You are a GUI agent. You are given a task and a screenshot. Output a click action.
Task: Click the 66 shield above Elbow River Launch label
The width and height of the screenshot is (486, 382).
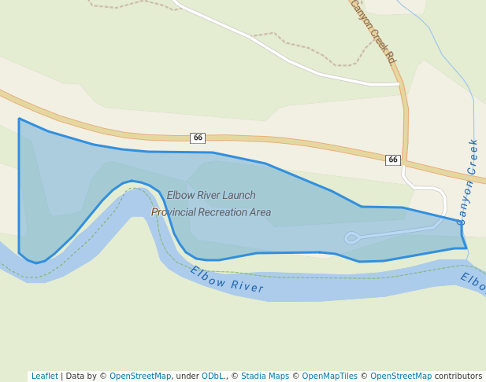click(x=198, y=138)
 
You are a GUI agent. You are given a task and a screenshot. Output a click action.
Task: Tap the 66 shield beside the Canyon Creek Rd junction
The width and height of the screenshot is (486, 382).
click(x=392, y=160)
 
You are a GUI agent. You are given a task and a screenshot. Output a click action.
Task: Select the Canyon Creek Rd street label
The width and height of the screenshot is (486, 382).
click(x=373, y=31)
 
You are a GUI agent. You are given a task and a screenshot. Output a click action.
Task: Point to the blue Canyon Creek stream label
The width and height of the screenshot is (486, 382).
click(x=468, y=182)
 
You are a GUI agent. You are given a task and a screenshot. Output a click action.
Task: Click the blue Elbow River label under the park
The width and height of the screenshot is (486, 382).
click(x=227, y=280)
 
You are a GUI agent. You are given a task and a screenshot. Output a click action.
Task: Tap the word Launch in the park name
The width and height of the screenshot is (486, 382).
click(x=238, y=196)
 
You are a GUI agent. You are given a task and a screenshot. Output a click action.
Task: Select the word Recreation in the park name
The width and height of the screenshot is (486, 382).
click(x=226, y=212)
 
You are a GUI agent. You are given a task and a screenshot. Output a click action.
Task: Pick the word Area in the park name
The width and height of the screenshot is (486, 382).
click(x=262, y=212)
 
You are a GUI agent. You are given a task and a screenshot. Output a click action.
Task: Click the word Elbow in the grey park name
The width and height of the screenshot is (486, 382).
click(x=180, y=196)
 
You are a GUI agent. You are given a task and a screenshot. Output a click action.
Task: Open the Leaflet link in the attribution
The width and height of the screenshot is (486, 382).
click(x=45, y=376)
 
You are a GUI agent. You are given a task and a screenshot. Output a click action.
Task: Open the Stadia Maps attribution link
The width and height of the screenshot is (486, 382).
click(x=265, y=376)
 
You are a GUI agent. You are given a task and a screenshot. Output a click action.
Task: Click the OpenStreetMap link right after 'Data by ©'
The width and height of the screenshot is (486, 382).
click(x=140, y=376)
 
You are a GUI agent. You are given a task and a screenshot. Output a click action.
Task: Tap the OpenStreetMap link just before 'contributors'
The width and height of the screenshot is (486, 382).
click(x=401, y=376)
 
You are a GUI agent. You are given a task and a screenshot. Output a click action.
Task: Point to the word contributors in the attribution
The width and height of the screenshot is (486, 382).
click(x=458, y=376)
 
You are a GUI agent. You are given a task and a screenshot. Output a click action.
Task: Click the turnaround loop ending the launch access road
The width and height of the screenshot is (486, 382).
click(x=351, y=237)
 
